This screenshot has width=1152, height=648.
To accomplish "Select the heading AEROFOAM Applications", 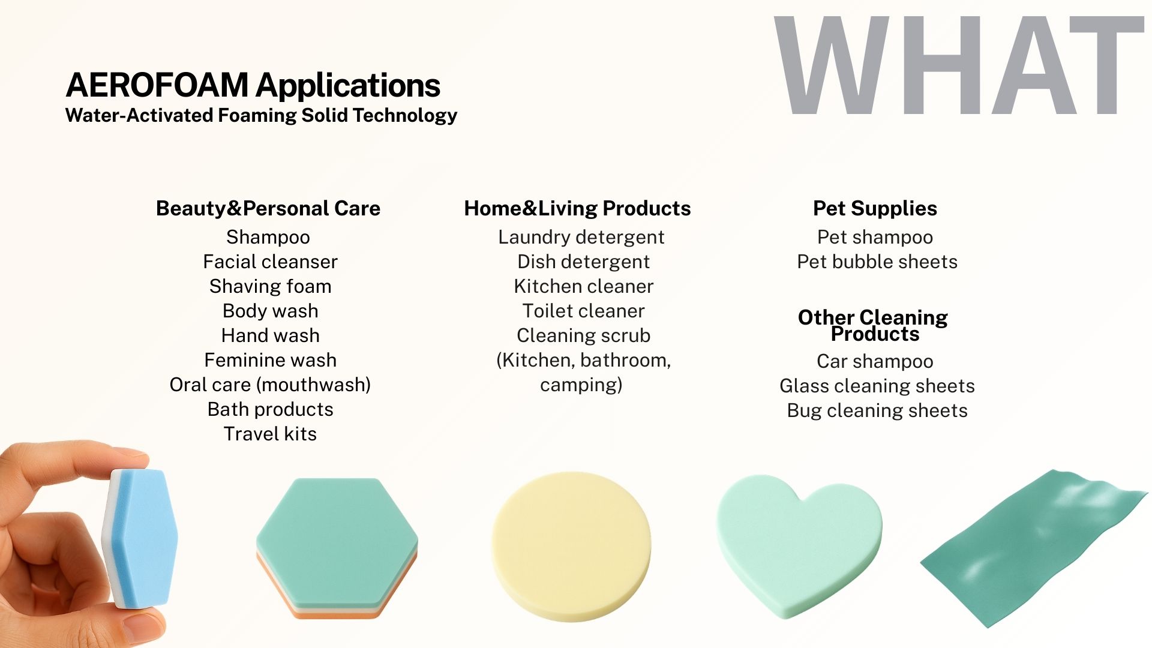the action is [253, 85].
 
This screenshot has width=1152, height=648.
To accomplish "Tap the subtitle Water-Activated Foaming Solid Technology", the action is [261, 115].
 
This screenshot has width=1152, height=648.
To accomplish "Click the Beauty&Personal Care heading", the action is [268, 208].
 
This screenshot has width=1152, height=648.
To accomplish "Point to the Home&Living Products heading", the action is [577, 208].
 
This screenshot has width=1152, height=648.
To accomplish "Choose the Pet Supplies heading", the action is [875, 208].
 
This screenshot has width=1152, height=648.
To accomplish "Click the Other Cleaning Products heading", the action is [873, 325].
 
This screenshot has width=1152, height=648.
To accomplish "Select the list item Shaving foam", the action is [270, 286].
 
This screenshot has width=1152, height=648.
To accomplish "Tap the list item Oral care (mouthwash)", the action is [270, 385].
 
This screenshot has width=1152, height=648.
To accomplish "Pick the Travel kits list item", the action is [270, 434].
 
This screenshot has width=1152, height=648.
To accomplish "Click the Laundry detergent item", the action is [581, 237].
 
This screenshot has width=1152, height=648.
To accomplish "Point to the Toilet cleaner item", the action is [583, 311].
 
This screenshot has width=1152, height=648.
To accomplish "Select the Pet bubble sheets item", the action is [877, 262].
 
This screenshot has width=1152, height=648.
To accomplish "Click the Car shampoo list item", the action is [875, 361].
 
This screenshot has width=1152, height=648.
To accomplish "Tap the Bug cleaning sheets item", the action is [877, 410].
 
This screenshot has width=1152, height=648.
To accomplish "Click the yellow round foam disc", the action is [571, 546].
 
